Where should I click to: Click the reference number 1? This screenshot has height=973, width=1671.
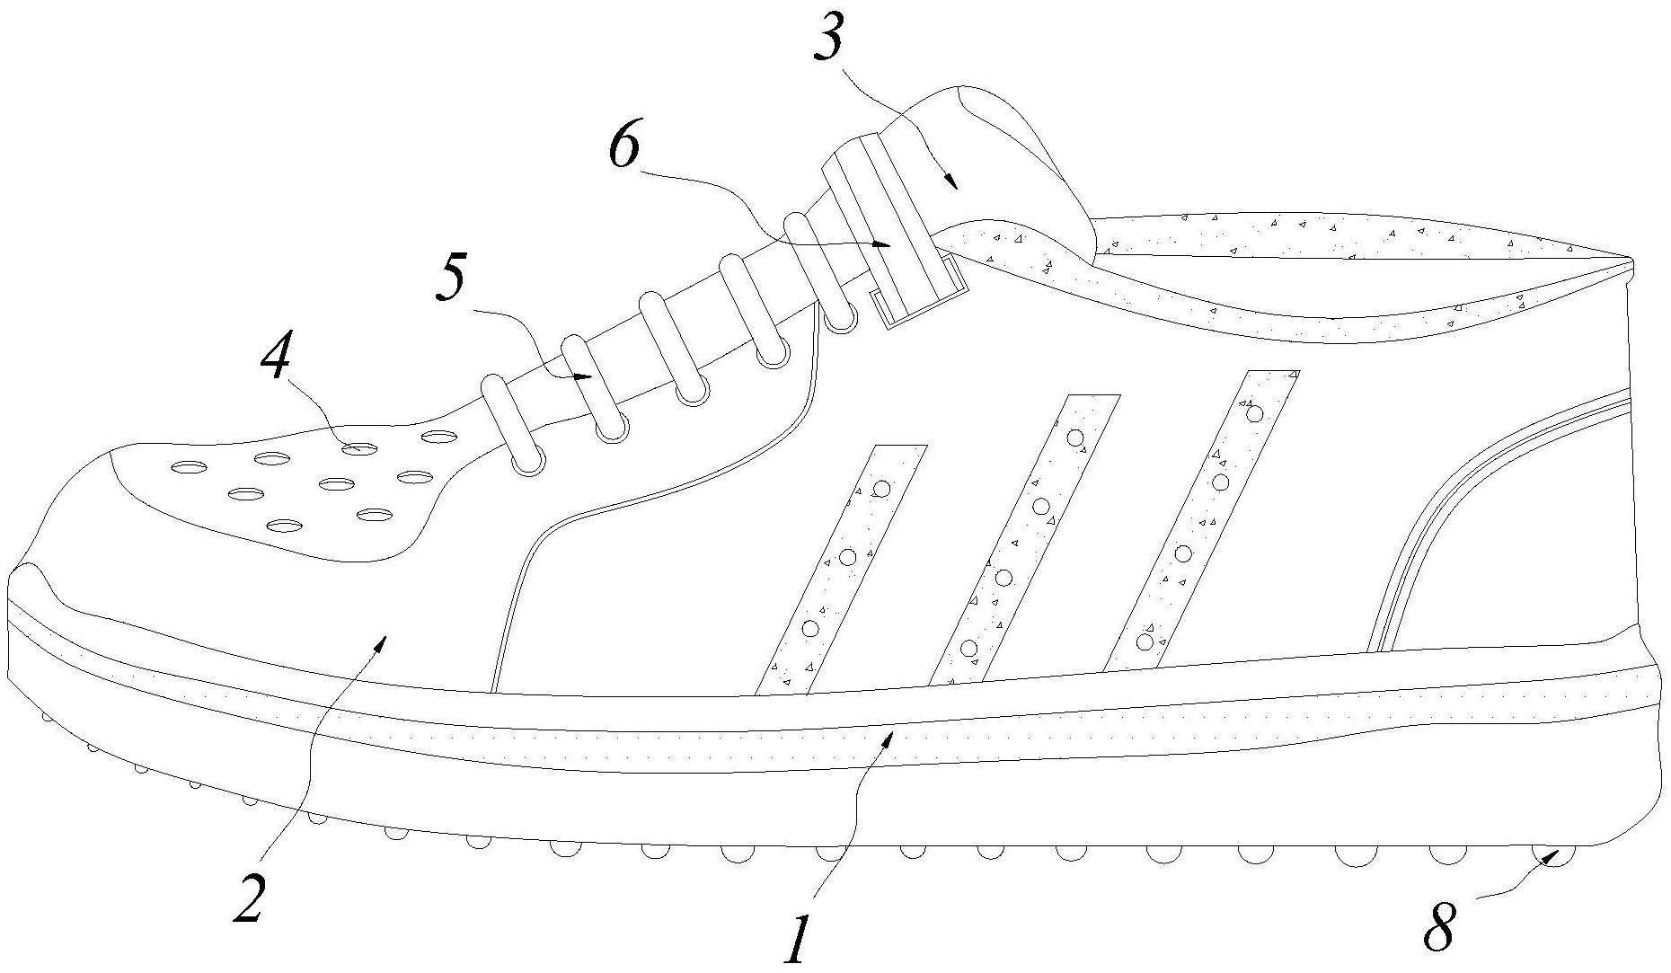click(796, 938)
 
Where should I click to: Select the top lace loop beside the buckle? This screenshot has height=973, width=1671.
click(818, 270)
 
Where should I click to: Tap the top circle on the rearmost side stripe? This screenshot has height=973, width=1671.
click(1255, 413)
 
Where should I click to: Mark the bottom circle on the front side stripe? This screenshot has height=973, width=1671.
click(811, 628)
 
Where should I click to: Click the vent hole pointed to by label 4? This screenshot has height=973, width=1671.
click(358, 447)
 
